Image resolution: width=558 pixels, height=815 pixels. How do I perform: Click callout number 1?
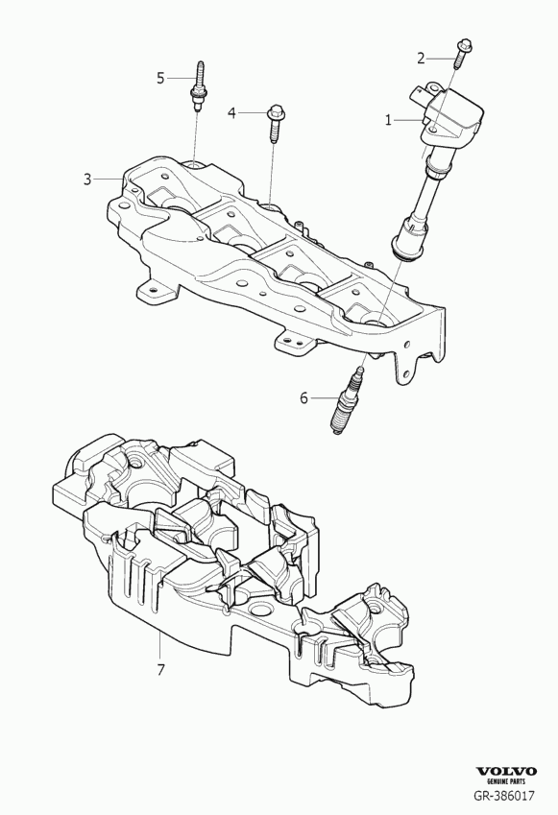point(388,120)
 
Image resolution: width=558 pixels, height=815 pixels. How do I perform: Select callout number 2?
point(422,59)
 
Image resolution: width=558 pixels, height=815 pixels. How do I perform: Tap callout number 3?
point(87,180)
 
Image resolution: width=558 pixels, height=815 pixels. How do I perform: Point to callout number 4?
point(231,112)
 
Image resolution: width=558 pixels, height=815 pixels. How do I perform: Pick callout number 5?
point(160,78)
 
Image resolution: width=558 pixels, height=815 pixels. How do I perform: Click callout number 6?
point(304,398)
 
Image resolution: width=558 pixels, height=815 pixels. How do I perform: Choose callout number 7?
point(160,670)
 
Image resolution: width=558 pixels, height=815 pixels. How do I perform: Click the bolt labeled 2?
point(462,54)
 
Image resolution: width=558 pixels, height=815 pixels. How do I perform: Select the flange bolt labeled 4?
point(274,123)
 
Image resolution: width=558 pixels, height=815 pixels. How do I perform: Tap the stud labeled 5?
point(197,86)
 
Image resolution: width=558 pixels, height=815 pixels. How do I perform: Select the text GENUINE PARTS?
point(506,781)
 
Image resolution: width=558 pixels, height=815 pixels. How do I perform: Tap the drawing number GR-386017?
point(503,795)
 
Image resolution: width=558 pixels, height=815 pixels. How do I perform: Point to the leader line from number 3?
point(109,180)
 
